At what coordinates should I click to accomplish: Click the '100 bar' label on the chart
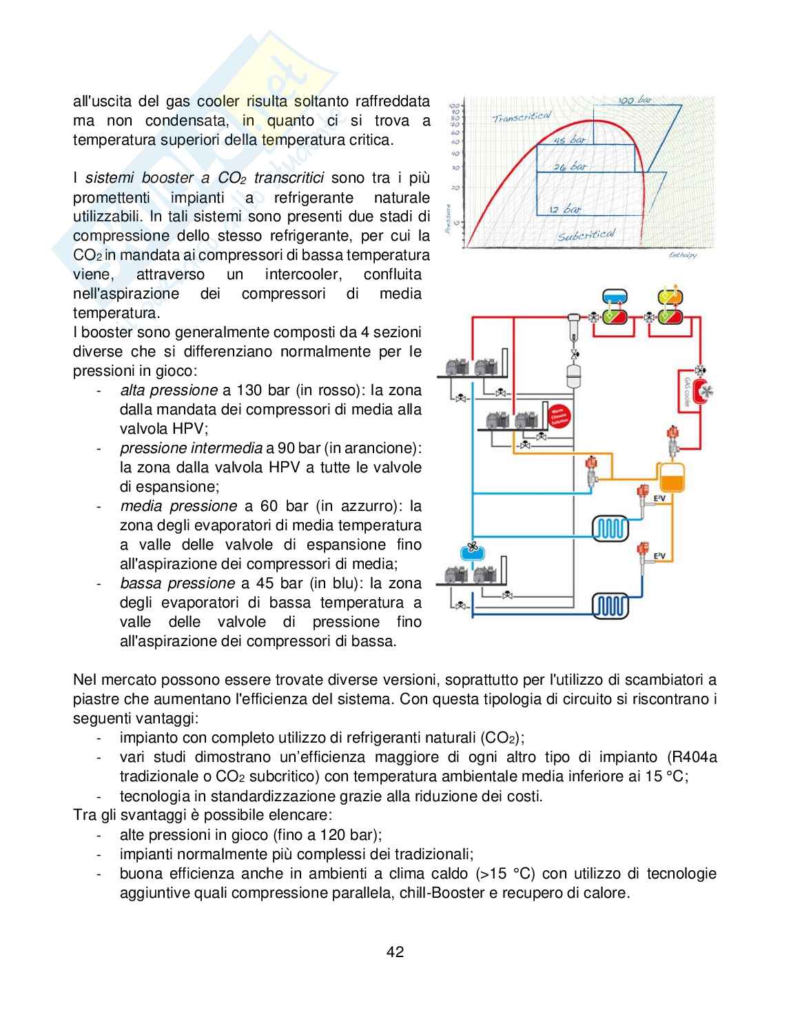coord(635,100)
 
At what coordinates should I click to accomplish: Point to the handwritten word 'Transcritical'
coord(522,117)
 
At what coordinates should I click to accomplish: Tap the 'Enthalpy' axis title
coord(683,255)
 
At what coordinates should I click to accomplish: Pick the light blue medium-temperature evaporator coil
coord(610,529)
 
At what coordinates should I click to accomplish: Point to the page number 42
coord(395,952)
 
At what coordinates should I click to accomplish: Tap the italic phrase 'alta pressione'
coord(168,390)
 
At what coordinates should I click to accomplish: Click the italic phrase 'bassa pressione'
coord(177,583)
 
